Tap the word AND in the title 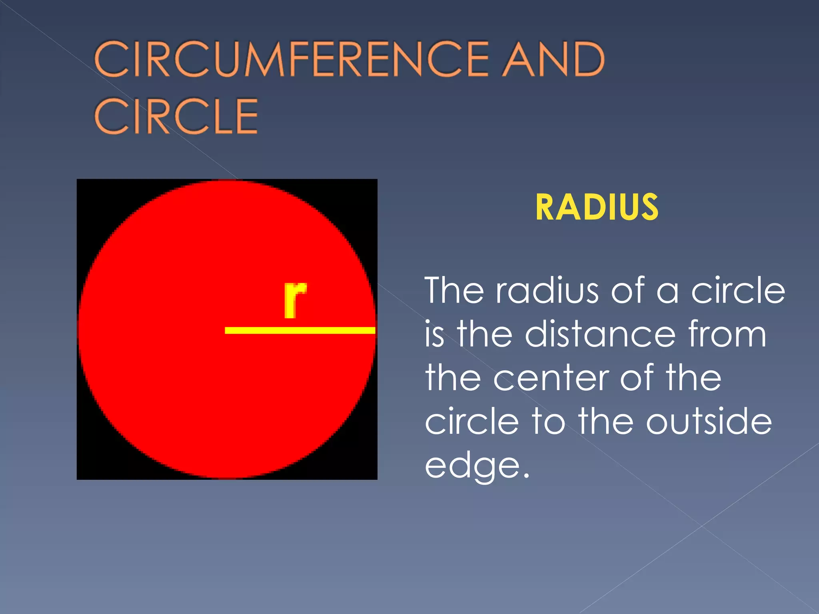coord(553,60)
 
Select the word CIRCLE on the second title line coord(176,116)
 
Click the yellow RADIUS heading coord(597,207)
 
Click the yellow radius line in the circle coord(300,330)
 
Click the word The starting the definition coord(454,291)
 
